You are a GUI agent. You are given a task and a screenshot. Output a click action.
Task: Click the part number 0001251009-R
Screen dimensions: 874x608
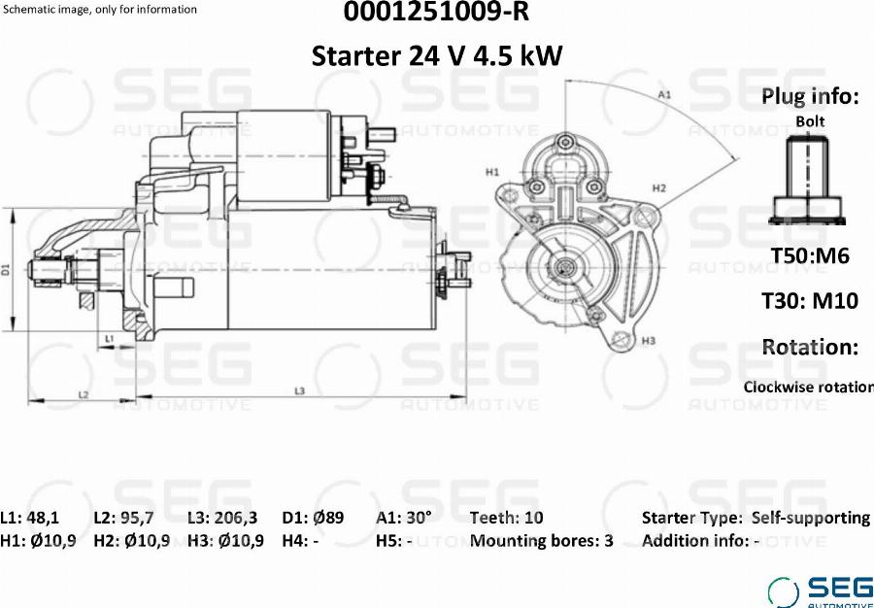click(436, 13)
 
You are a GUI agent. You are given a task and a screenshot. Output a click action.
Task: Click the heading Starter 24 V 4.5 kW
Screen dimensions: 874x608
click(436, 55)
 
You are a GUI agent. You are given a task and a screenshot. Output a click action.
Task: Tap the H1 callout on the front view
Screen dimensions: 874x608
click(491, 172)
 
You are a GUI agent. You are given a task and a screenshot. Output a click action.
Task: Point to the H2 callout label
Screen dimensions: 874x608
click(659, 188)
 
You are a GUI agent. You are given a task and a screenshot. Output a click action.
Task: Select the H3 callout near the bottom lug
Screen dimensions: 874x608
click(649, 340)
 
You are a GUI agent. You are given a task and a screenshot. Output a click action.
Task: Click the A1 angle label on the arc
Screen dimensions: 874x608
click(664, 95)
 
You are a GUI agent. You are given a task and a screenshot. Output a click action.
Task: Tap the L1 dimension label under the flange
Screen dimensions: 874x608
click(110, 338)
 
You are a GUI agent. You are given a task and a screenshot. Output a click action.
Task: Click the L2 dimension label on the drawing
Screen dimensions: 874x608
click(84, 394)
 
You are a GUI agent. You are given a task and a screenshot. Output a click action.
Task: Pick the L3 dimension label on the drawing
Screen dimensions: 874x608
click(300, 391)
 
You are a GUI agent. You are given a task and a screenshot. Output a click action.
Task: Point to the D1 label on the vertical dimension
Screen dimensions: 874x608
click(6, 271)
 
